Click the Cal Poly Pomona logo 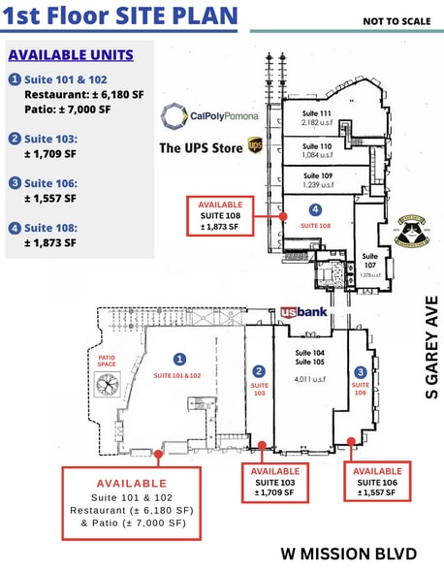(x=210, y=117)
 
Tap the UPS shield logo (x=255, y=145)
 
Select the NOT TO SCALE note (x=396, y=20)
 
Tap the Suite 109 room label (x=316, y=179)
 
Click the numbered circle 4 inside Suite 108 (x=315, y=209)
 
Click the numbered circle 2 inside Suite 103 (x=259, y=371)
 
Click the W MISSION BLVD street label (x=349, y=554)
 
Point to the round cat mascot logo (x=414, y=233)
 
